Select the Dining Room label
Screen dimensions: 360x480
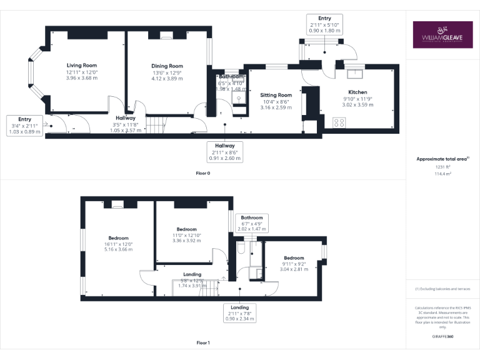167,66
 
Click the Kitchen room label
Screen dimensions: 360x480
357,92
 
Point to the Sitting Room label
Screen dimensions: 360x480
276,95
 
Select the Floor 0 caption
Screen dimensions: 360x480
203,172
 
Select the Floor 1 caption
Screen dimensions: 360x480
203,342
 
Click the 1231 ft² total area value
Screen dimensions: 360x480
443,167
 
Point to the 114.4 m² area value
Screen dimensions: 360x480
443,174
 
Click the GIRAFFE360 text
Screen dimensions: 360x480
443,336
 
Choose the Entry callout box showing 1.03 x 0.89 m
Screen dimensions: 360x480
25,126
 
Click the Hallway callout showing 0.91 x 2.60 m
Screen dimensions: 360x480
226,151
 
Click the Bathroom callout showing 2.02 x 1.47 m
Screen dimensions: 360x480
252,223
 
